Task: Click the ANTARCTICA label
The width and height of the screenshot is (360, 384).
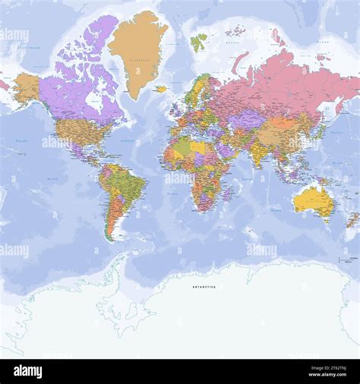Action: pyautogui.click(x=203, y=287)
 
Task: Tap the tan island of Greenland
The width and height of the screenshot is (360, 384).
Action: pyautogui.click(x=137, y=49)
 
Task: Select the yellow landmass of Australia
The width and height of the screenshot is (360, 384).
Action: pyautogui.click(x=313, y=200)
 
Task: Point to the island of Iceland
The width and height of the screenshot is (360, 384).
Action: pyautogui.click(x=160, y=89)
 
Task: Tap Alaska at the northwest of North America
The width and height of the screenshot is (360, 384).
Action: pyautogui.click(x=27, y=87)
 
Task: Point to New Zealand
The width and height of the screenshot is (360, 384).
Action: pyautogui.click(x=352, y=220)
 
